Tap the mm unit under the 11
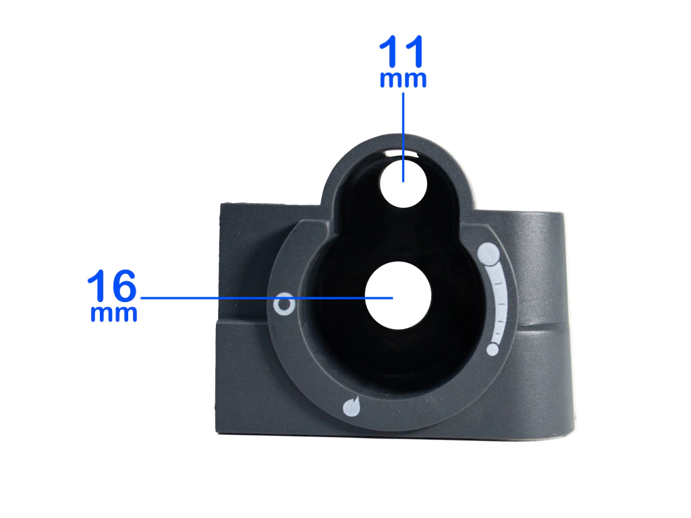404,80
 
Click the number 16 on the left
112,285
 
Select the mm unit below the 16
113,313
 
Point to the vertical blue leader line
404,137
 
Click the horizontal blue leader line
267,298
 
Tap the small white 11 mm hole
404,184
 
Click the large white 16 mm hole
398,295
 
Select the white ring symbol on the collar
284,304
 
